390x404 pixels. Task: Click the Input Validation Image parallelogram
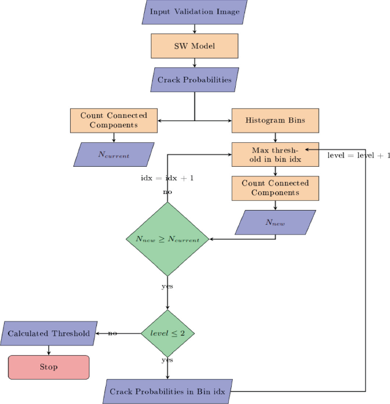[195, 12]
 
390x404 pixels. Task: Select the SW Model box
[195, 46]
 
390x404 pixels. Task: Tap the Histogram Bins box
[276, 121]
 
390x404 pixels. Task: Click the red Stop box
[48, 367]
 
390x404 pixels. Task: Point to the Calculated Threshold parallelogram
[48, 333]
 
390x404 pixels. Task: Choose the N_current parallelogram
[114, 154]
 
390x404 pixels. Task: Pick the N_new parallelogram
[276, 222]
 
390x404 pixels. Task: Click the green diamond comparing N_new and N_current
[167, 240]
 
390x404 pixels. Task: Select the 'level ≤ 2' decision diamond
[167, 333]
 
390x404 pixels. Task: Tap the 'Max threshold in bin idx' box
[276, 154]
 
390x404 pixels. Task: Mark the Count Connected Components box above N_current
[114, 120]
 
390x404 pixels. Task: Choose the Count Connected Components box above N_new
[276, 188]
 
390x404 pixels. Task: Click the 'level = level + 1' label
[359, 155]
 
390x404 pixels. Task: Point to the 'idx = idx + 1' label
[167, 178]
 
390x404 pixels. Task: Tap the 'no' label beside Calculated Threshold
[113, 333]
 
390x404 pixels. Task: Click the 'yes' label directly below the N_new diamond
[167, 286]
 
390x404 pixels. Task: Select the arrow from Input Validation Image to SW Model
[195, 29]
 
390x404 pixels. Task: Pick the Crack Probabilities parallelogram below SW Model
[195, 80]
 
